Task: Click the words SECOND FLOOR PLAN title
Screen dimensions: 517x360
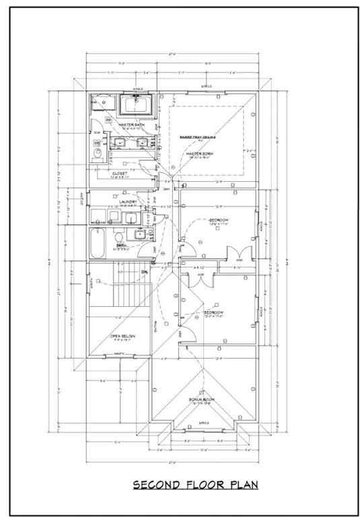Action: click(194, 485)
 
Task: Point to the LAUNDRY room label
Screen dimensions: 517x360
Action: click(128, 202)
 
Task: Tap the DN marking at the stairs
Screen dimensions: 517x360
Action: click(143, 271)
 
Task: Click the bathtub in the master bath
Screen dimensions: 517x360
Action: click(137, 106)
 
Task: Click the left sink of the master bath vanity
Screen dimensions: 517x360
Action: click(120, 143)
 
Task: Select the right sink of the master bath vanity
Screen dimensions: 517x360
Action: click(143, 143)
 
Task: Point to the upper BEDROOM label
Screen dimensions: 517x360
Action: click(218, 221)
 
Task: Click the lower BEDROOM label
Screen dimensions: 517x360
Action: click(213, 313)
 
